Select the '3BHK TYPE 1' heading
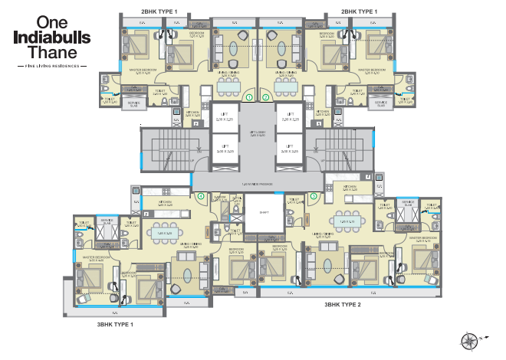(115, 325)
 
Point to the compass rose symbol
(469, 338)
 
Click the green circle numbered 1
(248, 97)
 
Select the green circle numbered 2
(266, 97)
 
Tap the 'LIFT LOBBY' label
(258, 133)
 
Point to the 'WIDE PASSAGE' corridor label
(258, 184)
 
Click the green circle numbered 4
(201, 196)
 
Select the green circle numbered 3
(314, 196)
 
